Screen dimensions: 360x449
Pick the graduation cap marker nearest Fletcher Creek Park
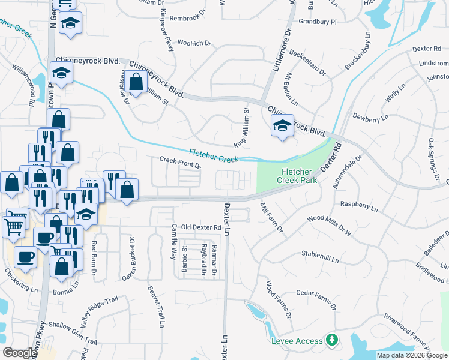[282, 126]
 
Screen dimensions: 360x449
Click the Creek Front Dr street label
[179, 162]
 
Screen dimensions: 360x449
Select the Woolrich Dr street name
[195, 43]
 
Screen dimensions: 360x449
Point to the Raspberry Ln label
[358, 207]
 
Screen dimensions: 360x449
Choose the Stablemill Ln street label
[321, 257]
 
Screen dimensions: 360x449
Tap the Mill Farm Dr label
[271, 218]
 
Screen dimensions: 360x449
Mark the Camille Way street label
[173, 236]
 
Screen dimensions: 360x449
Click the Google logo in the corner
[20, 353]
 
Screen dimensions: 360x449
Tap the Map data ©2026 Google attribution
[411, 355]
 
